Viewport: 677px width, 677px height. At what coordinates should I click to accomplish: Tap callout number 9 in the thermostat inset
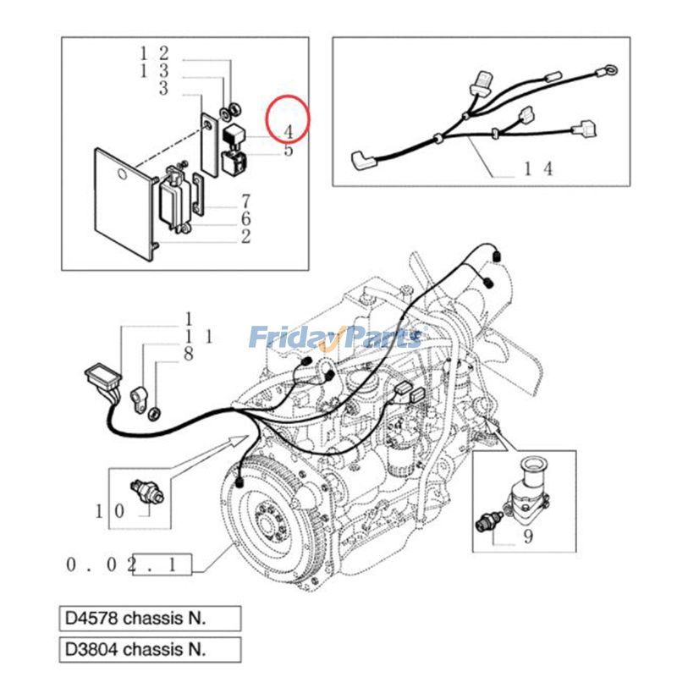coord(528,537)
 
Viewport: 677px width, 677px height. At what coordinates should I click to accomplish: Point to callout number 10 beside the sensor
coord(109,510)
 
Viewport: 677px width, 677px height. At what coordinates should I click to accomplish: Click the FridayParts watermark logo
coord(335,338)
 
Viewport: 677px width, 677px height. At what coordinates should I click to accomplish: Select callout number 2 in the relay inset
coord(245,236)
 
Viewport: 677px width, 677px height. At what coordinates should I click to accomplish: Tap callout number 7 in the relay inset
coord(245,201)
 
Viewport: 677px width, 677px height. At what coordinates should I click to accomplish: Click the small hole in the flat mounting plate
coord(123,176)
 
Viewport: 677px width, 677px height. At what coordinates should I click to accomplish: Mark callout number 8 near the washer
coord(189,355)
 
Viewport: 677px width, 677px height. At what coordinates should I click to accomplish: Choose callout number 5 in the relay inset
coord(289,151)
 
